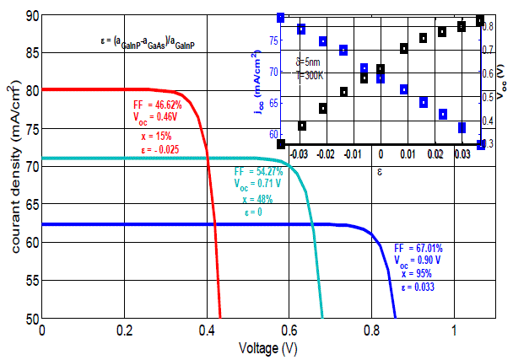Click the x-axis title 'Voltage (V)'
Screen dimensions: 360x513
point(267,347)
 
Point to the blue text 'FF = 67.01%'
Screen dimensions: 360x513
point(418,249)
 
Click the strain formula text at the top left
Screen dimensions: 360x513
point(148,40)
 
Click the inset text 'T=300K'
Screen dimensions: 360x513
point(310,74)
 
